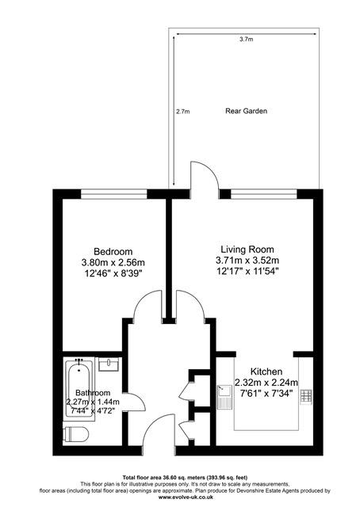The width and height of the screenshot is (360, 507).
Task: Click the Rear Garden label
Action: [x=246, y=111]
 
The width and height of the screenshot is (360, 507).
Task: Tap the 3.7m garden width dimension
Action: [x=246, y=40]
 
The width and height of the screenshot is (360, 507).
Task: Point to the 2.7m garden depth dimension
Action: [x=183, y=112]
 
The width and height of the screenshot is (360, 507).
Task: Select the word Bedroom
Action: [x=113, y=251]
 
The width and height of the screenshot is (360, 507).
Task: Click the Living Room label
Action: [x=247, y=250]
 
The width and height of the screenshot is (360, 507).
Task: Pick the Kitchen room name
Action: [x=266, y=372]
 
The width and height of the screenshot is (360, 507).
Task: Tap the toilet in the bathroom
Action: [x=76, y=434]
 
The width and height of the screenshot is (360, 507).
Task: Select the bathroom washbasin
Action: [x=109, y=364]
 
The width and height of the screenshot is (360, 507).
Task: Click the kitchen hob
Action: [x=306, y=397]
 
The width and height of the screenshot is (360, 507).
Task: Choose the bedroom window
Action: [x=113, y=194]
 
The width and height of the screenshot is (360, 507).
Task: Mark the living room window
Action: [x=264, y=194]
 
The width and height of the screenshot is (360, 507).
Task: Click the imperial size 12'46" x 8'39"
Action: [x=113, y=273]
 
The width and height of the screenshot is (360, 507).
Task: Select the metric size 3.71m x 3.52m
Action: [x=247, y=261]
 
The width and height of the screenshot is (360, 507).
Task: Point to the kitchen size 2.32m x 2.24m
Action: [x=266, y=383]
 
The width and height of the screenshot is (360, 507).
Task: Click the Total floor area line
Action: [x=185, y=477]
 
